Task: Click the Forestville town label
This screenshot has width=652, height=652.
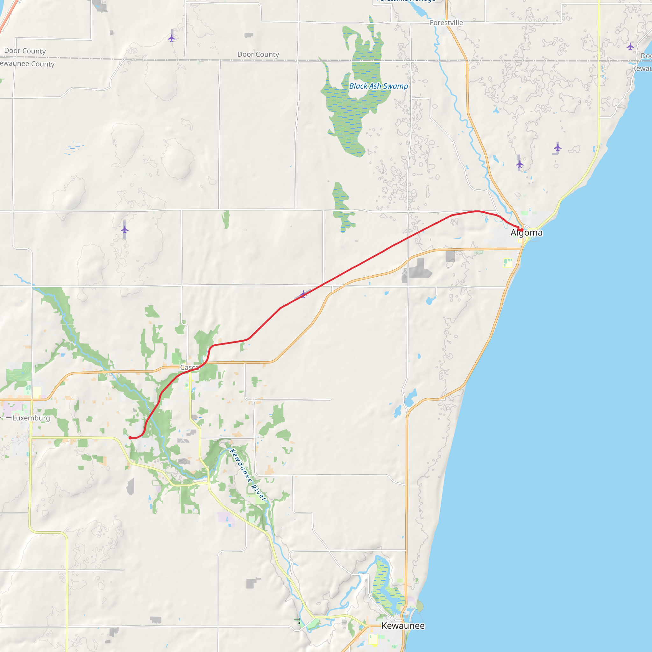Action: click(446, 23)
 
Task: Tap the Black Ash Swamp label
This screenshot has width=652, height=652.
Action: click(378, 86)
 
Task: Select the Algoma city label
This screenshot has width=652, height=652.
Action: click(527, 232)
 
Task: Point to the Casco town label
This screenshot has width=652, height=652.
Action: click(189, 367)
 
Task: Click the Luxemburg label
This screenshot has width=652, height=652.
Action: click(31, 418)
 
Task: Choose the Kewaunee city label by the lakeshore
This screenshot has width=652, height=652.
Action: click(403, 626)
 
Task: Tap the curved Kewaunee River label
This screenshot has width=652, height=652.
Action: click(248, 474)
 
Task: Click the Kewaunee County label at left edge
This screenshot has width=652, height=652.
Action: click(27, 64)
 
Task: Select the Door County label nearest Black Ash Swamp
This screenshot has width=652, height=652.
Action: click(258, 54)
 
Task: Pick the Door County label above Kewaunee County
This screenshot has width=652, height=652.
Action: click(25, 51)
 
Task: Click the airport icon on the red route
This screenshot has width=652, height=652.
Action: click(303, 294)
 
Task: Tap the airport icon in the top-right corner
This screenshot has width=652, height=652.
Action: click(630, 46)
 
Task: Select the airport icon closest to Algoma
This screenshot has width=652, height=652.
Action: click(520, 164)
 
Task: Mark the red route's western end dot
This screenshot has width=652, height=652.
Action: click(130, 438)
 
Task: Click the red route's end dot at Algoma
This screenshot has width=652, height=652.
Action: click(522, 230)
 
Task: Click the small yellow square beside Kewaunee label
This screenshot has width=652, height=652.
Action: click(373, 639)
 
